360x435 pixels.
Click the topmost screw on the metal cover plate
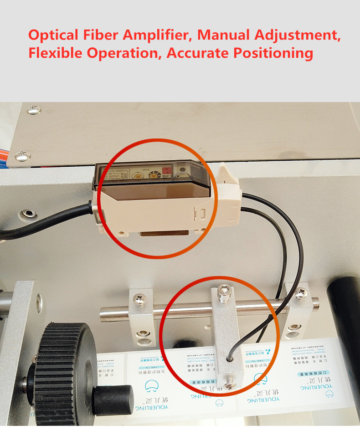coord(33,110)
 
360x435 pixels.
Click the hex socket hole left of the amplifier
coord(28,213)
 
